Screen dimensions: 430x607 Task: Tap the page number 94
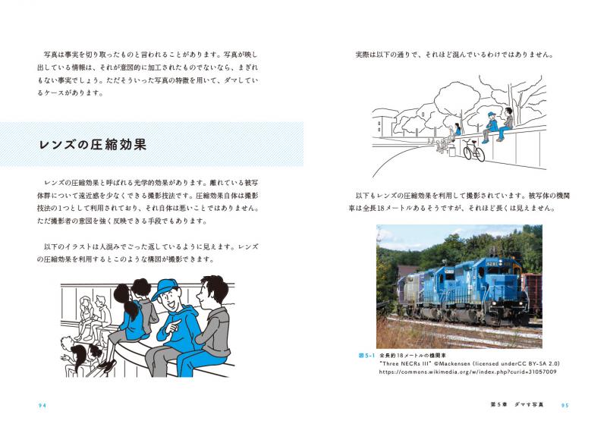click(x=42, y=406)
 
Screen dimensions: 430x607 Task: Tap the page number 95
click(x=565, y=406)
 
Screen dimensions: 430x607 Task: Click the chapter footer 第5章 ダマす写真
click(x=517, y=406)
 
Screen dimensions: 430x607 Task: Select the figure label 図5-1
click(x=367, y=355)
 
